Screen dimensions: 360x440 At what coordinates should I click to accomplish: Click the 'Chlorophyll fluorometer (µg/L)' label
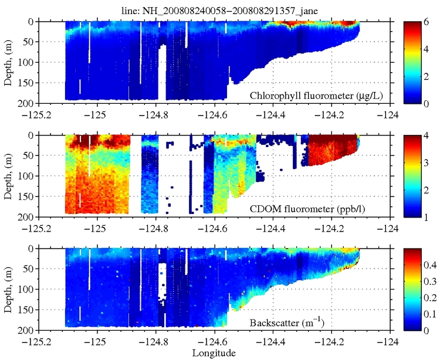pos(317,96)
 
